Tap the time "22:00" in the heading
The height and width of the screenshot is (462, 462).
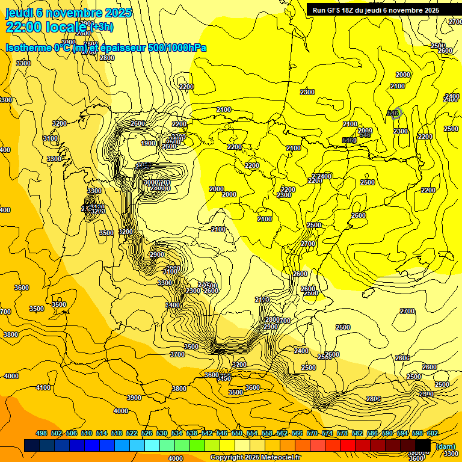(22, 27)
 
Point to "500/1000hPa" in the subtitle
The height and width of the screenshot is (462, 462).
(179, 48)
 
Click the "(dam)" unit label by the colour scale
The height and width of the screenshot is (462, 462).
(445, 446)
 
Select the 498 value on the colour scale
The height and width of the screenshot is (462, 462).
(42, 434)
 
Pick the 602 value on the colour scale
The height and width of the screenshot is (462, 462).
(433, 434)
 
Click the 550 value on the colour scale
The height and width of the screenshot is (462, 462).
(237, 434)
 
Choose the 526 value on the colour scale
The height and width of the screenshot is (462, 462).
(147, 434)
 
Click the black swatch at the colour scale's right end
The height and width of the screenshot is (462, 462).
(422, 445)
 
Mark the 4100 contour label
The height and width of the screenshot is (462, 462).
(43, 388)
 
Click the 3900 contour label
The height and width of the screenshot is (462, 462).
(134, 398)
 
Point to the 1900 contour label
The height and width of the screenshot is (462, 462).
(149, 143)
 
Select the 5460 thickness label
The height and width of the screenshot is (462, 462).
(349, 140)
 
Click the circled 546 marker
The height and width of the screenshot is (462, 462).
(393, 112)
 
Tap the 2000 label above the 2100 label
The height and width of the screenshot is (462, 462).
(403, 75)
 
